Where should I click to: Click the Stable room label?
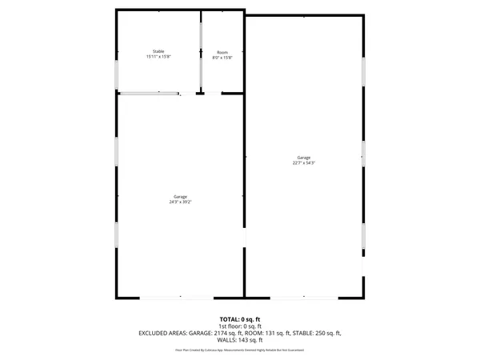[158, 51]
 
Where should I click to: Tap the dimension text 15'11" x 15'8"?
[158, 57]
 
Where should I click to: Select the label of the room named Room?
[222, 51]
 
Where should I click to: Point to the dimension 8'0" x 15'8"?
[222, 57]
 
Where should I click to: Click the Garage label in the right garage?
[303, 158]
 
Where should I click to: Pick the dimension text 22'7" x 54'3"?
[303, 163]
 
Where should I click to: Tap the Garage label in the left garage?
[181, 196]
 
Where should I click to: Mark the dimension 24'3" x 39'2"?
[181, 202]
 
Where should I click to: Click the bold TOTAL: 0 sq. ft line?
[240, 319]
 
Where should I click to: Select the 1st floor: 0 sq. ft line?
[240, 326]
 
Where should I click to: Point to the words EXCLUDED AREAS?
[164, 332]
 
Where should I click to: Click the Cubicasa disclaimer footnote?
[240, 350]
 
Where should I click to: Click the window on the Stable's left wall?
[118, 74]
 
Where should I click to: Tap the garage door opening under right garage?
[304, 298]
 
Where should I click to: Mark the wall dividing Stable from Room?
[200, 52]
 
